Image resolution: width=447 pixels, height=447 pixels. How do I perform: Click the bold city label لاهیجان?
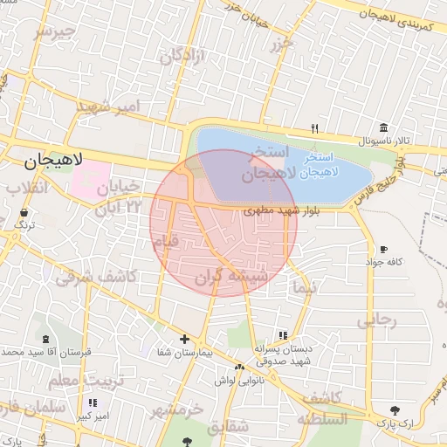(53, 160)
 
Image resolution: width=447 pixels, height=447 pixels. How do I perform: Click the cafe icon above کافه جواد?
(384, 250)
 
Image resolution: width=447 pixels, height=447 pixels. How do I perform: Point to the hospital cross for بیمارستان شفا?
(184, 339)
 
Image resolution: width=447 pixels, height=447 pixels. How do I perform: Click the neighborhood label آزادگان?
(181, 56)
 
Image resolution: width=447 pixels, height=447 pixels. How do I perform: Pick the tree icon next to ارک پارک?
(395, 409)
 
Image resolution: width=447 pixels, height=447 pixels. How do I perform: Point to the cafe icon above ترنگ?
(23, 212)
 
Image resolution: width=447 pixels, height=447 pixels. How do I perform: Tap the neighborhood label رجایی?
(376, 320)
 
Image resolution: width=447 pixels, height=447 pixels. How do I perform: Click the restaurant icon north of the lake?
(313, 129)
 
